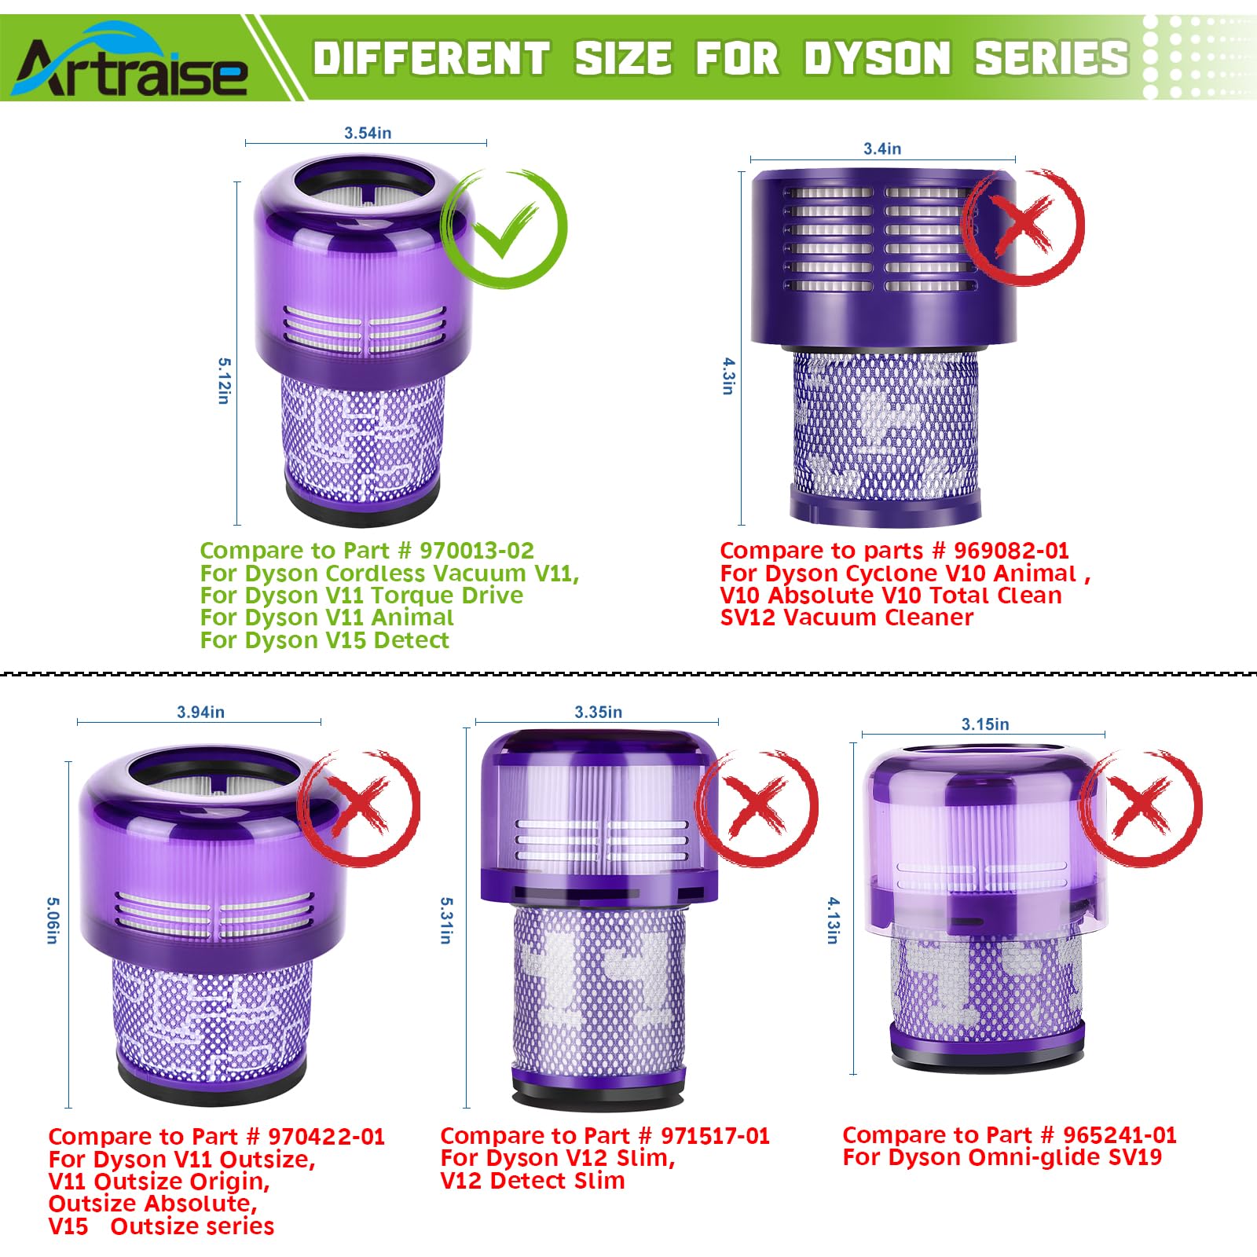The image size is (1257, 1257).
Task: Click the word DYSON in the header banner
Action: (x=878, y=58)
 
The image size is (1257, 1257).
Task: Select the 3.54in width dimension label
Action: (x=368, y=133)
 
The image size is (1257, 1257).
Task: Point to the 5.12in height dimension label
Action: (x=224, y=381)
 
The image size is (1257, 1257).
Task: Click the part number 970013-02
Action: (x=476, y=551)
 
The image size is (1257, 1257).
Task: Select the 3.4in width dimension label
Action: (x=882, y=148)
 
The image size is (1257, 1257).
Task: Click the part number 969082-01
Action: (x=1011, y=551)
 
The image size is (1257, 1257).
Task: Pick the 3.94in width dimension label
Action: (x=200, y=712)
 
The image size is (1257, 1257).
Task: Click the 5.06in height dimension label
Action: (x=52, y=921)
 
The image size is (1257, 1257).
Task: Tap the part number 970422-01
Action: (x=326, y=1137)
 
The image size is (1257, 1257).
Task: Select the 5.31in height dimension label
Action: (x=446, y=921)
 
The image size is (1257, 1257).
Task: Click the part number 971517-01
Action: (x=715, y=1136)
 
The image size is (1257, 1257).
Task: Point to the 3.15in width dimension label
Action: (x=985, y=724)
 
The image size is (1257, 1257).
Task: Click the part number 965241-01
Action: (x=1120, y=1135)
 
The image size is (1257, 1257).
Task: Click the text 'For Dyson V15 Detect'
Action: (x=324, y=640)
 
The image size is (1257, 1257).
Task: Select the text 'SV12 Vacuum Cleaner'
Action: (x=846, y=618)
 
